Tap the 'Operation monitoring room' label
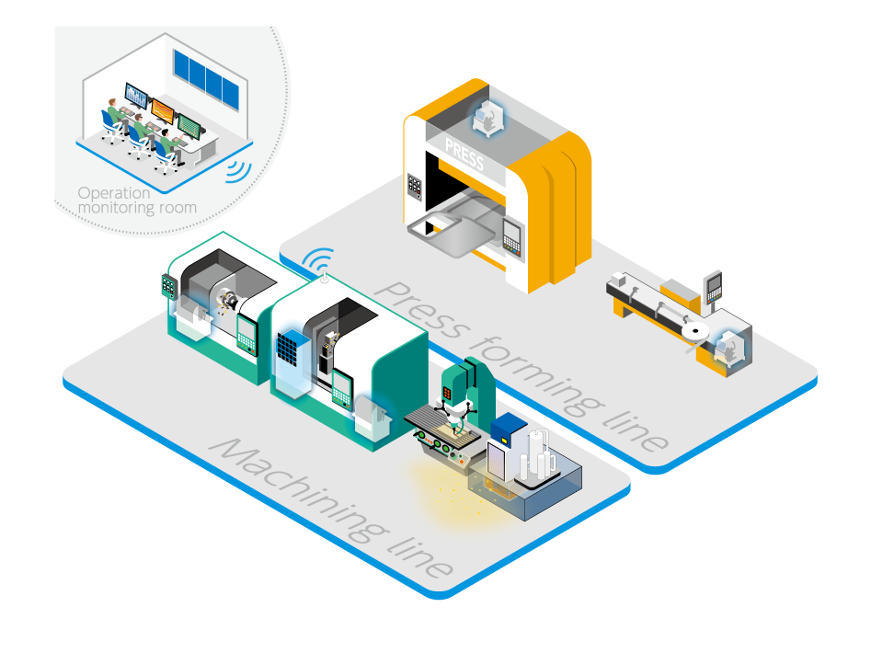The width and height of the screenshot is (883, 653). tap(137, 200)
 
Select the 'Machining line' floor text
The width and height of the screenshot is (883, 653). tap(331, 508)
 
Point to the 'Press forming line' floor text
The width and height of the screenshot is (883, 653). tap(521, 366)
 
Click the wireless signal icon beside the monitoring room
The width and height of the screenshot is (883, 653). tap(239, 172)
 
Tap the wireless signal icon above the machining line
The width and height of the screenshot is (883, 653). tap(319, 260)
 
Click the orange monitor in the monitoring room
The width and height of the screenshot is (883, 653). tap(164, 111)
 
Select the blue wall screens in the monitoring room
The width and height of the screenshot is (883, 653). tap(206, 80)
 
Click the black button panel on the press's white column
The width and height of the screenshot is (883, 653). tap(415, 188)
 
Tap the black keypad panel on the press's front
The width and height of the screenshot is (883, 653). tap(512, 237)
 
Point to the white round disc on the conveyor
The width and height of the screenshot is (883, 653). tap(695, 330)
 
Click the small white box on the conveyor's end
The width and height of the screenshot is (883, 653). tap(618, 278)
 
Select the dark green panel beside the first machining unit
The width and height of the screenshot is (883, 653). tap(168, 286)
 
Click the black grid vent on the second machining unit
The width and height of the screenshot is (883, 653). tap(287, 349)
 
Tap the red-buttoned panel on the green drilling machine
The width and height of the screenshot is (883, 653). tap(447, 393)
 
